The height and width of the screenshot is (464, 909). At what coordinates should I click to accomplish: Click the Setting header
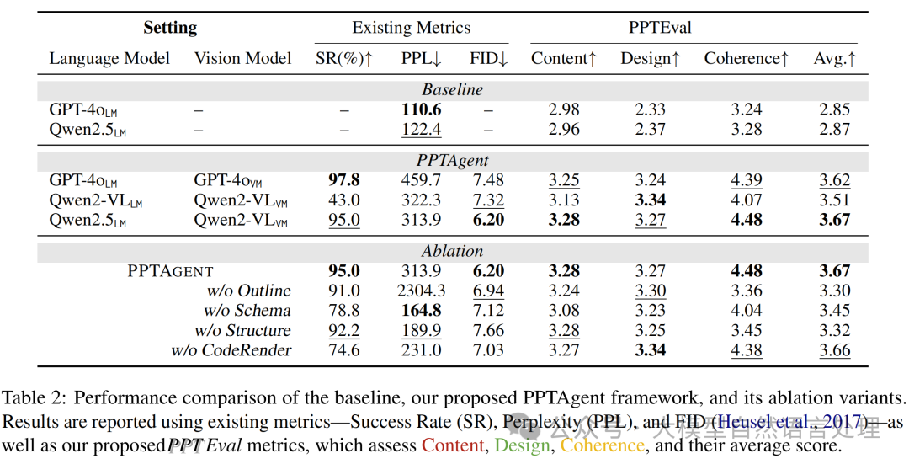coord(170,28)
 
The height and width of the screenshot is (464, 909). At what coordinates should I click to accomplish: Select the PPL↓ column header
coord(421,59)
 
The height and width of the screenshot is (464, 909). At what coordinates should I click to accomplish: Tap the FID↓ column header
coord(489,59)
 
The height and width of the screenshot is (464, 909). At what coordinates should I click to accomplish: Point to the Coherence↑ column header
coord(747,59)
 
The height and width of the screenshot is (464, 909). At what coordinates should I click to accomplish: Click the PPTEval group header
coord(660,28)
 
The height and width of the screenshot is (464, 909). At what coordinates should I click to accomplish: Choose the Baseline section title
coord(453,89)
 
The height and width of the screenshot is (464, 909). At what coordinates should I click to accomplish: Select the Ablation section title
coord(453,251)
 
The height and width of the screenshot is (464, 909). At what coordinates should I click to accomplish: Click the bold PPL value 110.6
coord(422,109)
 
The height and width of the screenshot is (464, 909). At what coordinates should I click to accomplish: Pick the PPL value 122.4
coord(422,130)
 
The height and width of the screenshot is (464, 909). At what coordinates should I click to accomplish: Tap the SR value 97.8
coord(343,180)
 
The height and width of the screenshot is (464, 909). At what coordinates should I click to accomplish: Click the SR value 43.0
coord(343,200)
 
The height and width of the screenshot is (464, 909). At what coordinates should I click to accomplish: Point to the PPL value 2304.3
coord(422,291)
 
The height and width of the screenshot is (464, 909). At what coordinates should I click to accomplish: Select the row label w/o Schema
coord(250,311)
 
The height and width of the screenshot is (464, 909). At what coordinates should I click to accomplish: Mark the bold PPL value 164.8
coord(422,311)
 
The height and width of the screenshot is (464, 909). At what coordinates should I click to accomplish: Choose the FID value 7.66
coord(489,331)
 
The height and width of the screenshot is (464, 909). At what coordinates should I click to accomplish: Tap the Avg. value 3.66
coord(835,350)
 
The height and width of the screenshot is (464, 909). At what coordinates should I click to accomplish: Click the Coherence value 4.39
coord(746,180)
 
